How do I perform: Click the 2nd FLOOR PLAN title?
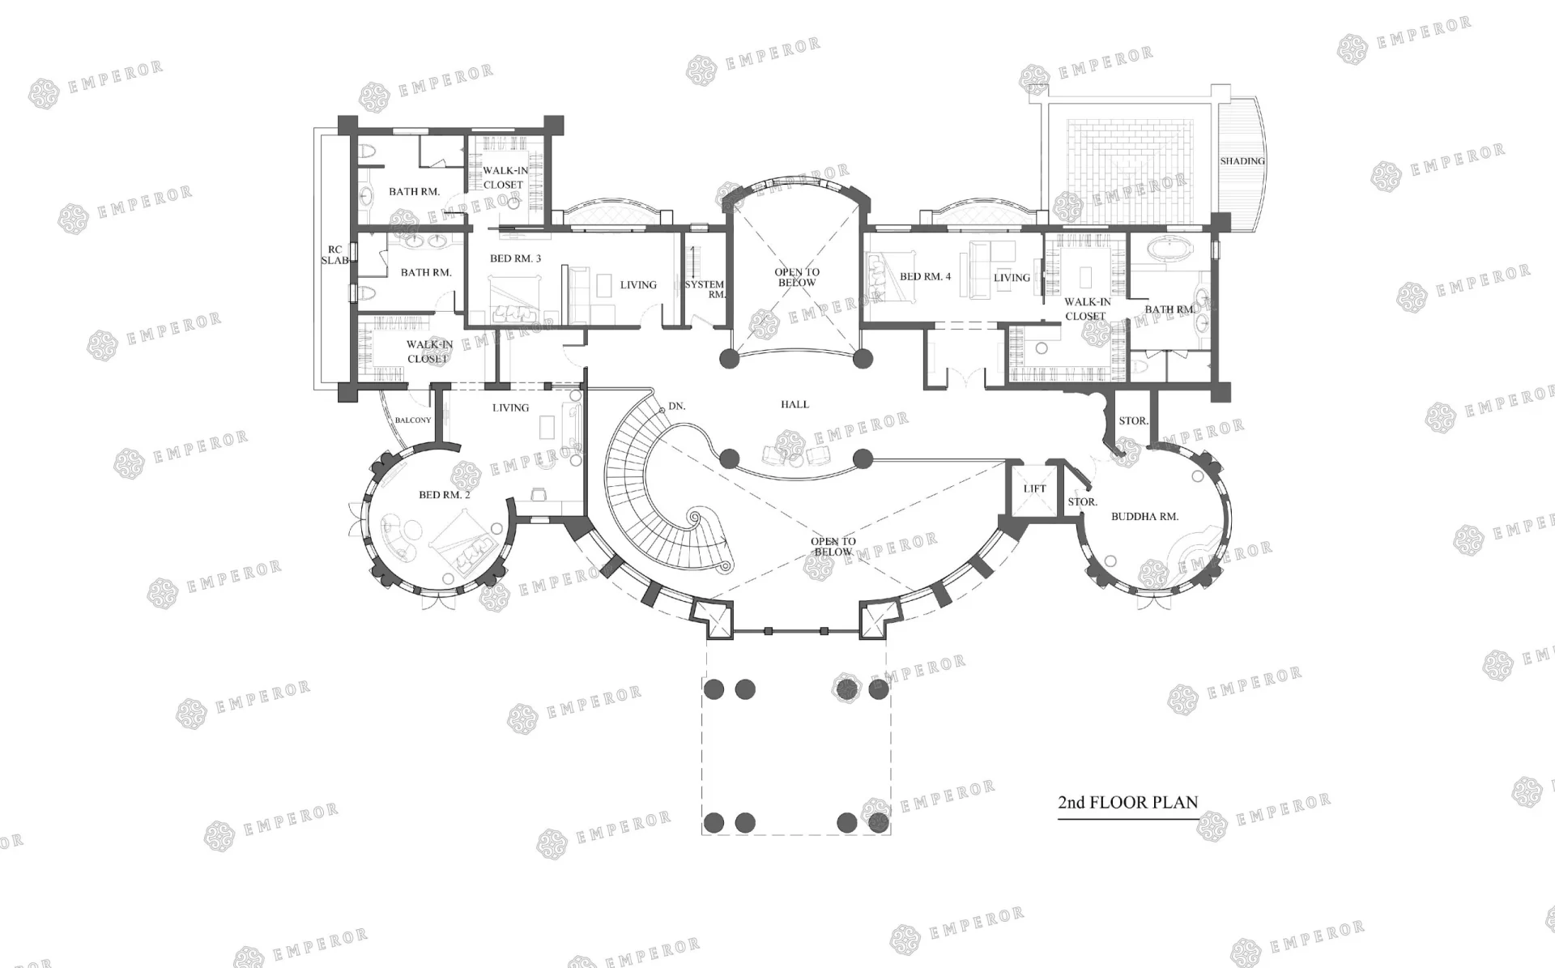click(x=1127, y=803)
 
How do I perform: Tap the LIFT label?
click(x=1034, y=488)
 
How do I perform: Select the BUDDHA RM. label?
click(x=1144, y=516)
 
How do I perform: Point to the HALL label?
click(x=795, y=404)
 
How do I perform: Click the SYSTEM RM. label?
click(x=705, y=289)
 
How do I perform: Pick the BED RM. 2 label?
click(x=444, y=495)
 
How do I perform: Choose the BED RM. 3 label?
click(x=515, y=258)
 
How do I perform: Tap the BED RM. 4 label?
click(x=925, y=276)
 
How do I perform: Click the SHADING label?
click(x=1242, y=161)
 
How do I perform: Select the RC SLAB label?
click(x=334, y=255)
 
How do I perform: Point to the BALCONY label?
click(x=413, y=420)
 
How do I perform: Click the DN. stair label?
click(x=677, y=406)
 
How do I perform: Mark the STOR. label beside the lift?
click(x=1082, y=502)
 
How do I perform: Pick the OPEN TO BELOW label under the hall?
click(x=833, y=547)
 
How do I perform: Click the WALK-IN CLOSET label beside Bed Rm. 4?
click(x=1086, y=309)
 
